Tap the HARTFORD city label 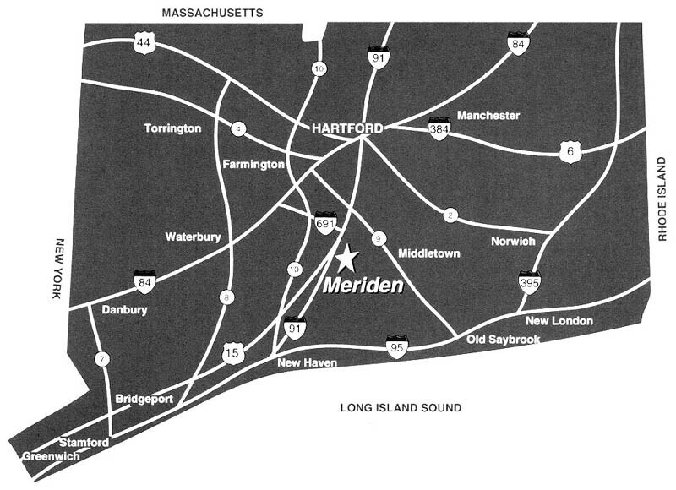click(347, 128)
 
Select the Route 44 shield click(144, 43)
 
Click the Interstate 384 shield click(439, 129)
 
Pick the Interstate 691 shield click(325, 223)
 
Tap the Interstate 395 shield click(530, 282)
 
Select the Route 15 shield click(232, 353)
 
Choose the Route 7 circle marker click(102, 359)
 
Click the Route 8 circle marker click(226, 297)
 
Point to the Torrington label click(172, 128)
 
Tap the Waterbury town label click(194, 237)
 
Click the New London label click(559, 321)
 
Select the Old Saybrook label click(504, 340)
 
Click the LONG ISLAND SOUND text click(401, 408)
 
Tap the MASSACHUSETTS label click(212, 12)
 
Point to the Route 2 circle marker click(450, 216)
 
